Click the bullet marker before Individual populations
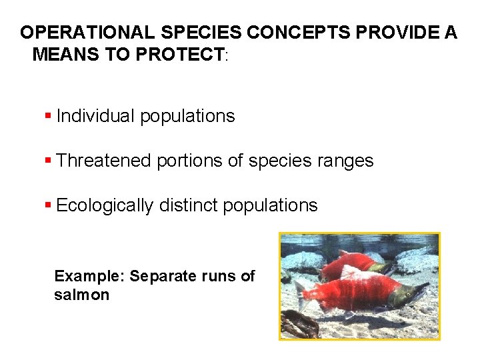pyautogui.click(x=48, y=116)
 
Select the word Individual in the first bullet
pyautogui.click(x=95, y=116)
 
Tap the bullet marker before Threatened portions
pyautogui.click(x=48, y=161)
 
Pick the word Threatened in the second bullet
pyautogui.click(x=104, y=161)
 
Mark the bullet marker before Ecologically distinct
pyautogui.click(x=48, y=205)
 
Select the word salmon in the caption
pyautogui.click(x=81, y=295)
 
